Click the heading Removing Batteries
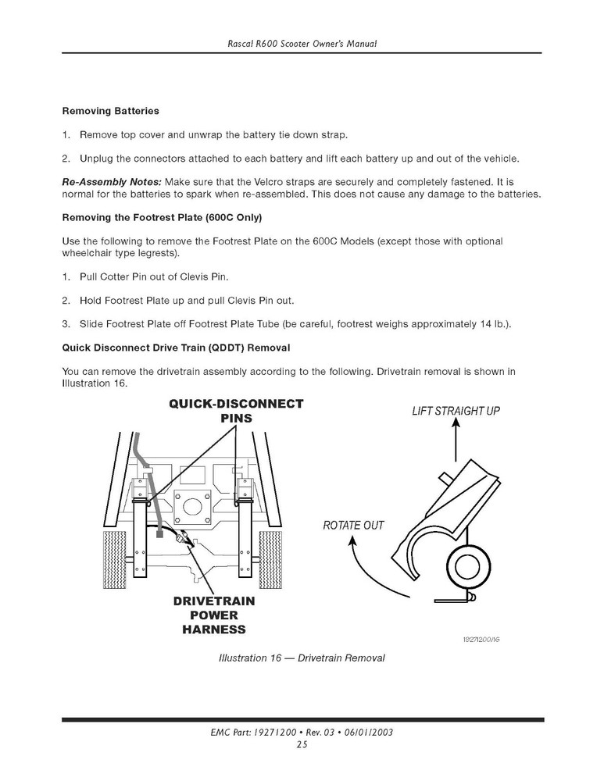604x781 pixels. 110,111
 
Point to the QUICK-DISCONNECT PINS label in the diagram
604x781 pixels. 236,411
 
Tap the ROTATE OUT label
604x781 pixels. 353,525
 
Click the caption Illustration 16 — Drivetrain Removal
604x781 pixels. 302,658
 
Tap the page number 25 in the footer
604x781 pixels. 302,744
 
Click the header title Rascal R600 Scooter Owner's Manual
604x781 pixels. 302,43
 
